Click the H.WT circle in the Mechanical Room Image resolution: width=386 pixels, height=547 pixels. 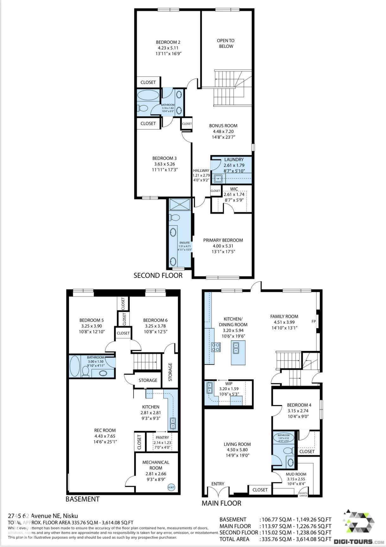click(171, 487)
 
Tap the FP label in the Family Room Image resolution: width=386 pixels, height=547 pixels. click(313, 321)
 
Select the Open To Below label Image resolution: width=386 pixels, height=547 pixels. click(226, 43)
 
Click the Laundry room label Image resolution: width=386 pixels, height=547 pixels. click(234, 160)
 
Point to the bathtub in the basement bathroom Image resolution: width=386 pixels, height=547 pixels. click(75, 366)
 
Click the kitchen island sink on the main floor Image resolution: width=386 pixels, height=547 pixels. click(236, 348)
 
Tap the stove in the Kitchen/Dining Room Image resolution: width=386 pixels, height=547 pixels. click(216, 347)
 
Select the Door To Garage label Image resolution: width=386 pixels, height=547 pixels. click(303, 494)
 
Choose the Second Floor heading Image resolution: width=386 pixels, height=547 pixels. click(158, 276)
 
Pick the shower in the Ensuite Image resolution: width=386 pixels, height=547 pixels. click(180, 204)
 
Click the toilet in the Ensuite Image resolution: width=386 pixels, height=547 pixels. click(174, 218)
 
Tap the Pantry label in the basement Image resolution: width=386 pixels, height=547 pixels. click(162, 438)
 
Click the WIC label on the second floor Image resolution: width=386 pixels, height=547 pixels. click(234, 189)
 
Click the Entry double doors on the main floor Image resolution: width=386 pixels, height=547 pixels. click(218, 493)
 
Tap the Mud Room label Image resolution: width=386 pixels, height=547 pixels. click(296, 474)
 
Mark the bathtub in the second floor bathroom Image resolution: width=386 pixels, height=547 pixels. click(148, 95)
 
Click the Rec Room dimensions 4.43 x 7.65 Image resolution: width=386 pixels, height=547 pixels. click(105, 436)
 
